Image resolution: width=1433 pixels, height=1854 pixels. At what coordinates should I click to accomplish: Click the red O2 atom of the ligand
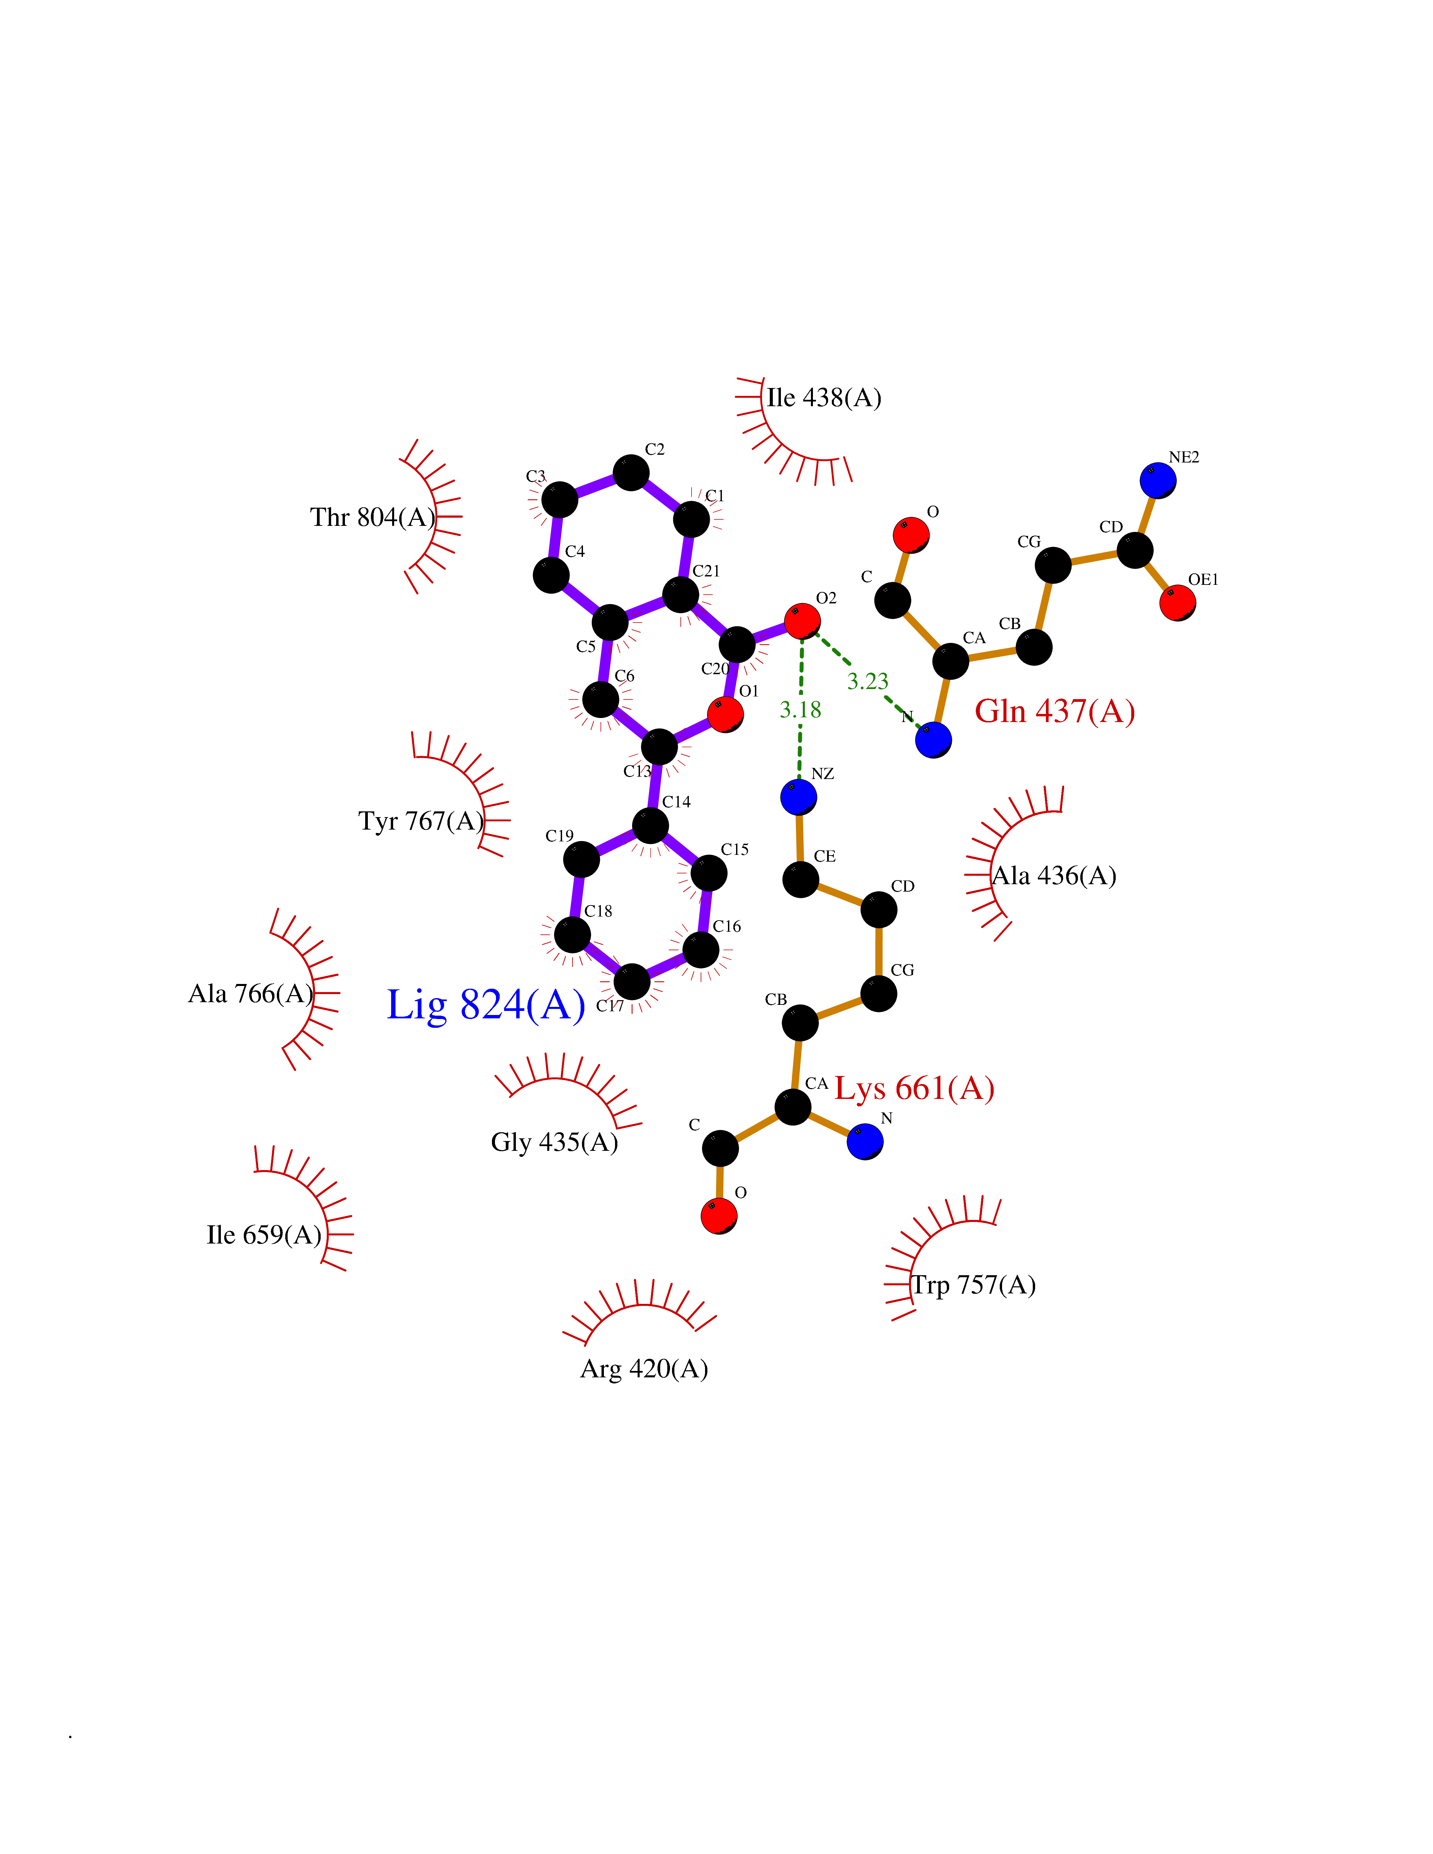(802, 621)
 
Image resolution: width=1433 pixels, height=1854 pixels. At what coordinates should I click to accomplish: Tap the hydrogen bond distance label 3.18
(800, 710)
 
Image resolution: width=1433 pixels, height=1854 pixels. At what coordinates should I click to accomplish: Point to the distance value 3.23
(868, 681)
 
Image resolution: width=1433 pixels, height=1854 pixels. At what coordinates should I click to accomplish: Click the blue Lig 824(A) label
(486, 1005)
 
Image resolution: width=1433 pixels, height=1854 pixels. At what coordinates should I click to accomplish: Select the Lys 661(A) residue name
(914, 1088)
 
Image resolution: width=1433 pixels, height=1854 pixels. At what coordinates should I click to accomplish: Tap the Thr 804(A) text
(373, 517)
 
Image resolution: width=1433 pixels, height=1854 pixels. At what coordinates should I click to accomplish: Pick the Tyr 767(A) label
(421, 821)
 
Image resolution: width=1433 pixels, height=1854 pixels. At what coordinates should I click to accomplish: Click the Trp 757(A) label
(974, 1285)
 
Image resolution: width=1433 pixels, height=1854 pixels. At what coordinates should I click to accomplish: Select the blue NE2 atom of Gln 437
(1158, 480)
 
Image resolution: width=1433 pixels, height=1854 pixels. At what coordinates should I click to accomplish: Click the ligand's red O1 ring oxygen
(725, 714)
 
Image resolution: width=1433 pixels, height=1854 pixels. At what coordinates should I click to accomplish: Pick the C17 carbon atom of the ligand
(632, 982)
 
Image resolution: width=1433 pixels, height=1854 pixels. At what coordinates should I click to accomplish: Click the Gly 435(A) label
(554, 1142)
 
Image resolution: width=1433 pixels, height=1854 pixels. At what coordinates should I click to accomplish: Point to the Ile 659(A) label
(264, 1234)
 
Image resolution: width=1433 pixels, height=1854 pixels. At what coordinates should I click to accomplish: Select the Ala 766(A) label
(251, 993)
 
